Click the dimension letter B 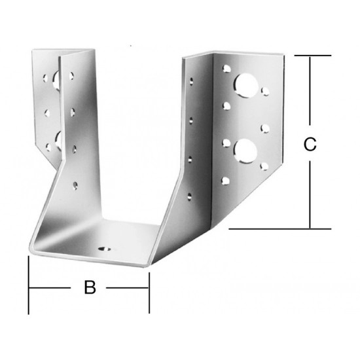tap(90, 287)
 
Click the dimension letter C tap(310, 144)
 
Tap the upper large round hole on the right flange tap(245, 85)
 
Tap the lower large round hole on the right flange tap(245, 151)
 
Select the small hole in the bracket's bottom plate tap(105, 249)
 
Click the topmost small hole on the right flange tap(226, 69)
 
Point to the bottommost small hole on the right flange tap(226, 181)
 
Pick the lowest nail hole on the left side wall tap(75, 185)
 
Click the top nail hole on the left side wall tap(71, 76)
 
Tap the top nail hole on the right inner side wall tap(191, 82)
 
